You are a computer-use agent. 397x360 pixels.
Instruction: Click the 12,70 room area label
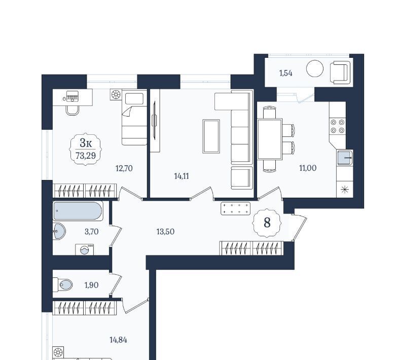tap(124, 168)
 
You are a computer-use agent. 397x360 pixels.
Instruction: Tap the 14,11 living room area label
tap(182, 176)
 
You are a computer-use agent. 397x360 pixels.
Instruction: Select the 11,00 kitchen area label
tap(308, 168)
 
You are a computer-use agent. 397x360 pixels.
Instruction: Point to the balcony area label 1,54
tap(286, 73)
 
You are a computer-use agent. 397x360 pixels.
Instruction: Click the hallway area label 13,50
tap(166, 232)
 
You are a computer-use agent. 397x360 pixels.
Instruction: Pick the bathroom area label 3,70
tap(92, 232)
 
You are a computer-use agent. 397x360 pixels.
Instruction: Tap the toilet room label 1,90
tap(91, 285)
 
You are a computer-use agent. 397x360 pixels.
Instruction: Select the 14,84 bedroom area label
tap(118, 340)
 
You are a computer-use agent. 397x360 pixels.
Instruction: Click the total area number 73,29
tap(86, 156)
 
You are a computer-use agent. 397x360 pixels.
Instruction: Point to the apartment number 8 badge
tap(267, 223)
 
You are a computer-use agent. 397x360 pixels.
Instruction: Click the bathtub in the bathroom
tap(78, 210)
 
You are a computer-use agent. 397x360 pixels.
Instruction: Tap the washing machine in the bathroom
tap(85, 250)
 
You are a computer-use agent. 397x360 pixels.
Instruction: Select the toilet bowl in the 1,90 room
tap(62, 285)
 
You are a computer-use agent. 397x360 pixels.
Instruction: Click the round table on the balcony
tap(315, 68)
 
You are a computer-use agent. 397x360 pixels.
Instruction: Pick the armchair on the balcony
tap(341, 73)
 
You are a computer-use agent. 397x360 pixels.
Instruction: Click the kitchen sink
tap(345, 158)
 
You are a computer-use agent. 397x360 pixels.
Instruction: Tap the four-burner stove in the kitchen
tap(338, 126)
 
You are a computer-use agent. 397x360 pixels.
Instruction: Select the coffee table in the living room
tap(211, 136)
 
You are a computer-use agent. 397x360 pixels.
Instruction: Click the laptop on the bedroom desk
tap(73, 96)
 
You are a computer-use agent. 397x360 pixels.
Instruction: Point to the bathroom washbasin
tap(59, 231)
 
